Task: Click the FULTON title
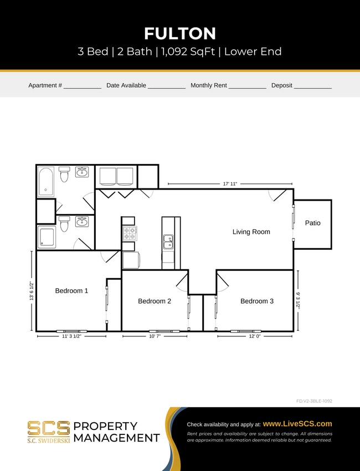180,34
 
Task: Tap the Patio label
312,223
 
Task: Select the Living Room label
251,232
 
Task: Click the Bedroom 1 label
71,291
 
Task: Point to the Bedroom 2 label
155,301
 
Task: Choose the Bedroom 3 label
257,301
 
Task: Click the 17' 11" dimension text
230,184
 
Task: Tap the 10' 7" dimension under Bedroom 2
155,336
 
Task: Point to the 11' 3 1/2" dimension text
71,336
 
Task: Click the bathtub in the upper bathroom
47,181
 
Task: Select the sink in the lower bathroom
82,222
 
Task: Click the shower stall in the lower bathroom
47,237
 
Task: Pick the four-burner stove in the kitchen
129,233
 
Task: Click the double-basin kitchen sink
168,242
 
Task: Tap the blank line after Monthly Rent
247,86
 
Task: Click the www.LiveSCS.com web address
297,423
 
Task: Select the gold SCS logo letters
49,428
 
